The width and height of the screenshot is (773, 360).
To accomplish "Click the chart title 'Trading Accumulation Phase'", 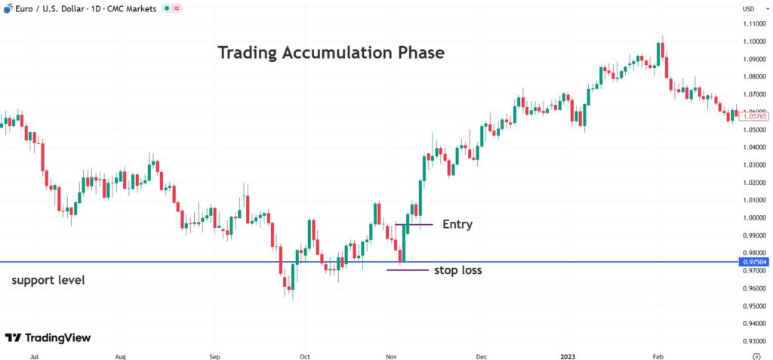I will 331,53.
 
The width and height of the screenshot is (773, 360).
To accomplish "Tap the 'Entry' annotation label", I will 457,224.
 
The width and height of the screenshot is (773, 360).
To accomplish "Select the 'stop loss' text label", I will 457,269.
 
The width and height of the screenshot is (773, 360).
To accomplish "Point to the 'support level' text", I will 48,280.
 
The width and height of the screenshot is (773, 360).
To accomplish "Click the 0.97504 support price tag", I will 756,262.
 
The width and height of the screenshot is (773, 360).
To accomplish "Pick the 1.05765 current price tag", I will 756,116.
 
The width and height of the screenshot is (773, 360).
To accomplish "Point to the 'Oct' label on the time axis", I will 305,354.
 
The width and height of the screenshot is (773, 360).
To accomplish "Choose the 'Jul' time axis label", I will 33,354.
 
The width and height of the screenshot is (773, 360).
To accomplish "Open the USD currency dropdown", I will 749,8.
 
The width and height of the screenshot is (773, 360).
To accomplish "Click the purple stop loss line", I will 408,269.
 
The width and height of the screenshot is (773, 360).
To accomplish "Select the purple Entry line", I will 414,224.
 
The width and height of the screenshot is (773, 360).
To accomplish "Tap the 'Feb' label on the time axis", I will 657,354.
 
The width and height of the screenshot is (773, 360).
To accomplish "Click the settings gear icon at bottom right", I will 756,354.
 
